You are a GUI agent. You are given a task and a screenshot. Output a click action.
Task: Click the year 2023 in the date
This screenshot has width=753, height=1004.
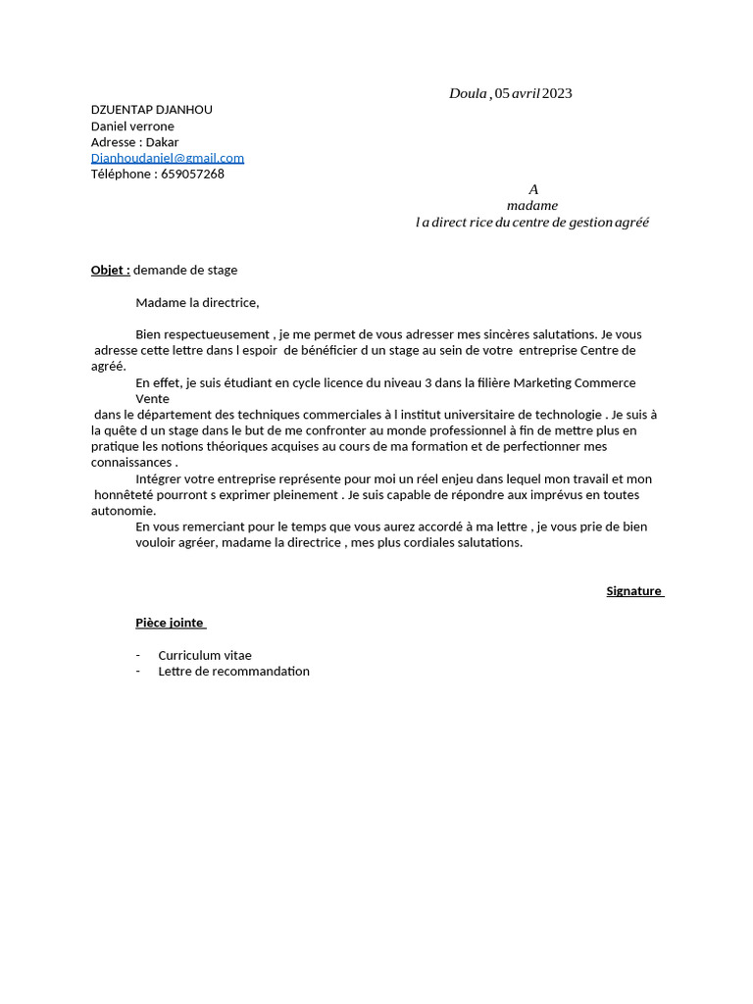[x=557, y=93]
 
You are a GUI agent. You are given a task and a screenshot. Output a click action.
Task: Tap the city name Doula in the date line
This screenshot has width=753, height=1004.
[x=468, y=93]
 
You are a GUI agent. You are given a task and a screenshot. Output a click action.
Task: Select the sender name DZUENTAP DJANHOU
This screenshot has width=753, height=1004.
[x=151, y=110]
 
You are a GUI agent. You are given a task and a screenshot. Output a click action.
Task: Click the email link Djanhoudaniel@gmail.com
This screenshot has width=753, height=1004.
[x=168, y=158]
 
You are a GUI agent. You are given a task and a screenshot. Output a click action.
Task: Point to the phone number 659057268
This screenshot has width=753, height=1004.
[x=192, y=175]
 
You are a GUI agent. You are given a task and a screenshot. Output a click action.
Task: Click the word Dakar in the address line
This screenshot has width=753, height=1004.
[x=162, y=142]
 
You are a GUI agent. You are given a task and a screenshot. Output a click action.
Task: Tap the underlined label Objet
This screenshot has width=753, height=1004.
[x=110, y=270]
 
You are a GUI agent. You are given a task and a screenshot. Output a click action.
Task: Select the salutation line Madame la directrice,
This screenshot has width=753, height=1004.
[x=197, y=303]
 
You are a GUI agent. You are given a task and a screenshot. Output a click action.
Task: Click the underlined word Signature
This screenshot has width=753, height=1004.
[x=633, y=591]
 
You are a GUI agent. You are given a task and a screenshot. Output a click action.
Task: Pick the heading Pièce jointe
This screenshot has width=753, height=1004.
[x=170, y=623]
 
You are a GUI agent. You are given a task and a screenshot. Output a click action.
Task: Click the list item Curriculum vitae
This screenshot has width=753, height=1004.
[x=205, y=655]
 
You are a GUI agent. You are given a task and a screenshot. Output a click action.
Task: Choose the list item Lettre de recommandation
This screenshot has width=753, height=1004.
[x=233, y=672]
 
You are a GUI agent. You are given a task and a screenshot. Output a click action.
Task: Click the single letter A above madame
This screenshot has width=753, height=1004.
[x=533, y=189]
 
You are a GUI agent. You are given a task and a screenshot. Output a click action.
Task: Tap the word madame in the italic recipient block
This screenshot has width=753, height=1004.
[x=532, y=206]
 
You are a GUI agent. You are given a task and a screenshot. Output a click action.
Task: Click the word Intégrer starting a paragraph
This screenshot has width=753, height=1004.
[x=161, y=479]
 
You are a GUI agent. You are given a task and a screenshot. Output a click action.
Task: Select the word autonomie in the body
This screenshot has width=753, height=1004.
[x=123, y=511]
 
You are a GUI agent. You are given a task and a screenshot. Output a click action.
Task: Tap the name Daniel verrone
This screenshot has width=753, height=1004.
[x=132, y=126]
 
